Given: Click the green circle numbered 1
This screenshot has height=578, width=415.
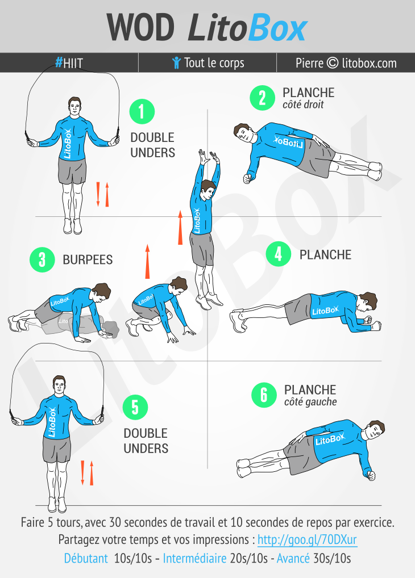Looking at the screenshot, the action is coord(142,111).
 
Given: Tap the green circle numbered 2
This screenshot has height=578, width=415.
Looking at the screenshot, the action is coord(262,98).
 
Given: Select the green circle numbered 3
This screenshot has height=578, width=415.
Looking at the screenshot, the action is coord(42,259).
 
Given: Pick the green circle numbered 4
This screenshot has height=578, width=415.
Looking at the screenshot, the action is coord(279,254).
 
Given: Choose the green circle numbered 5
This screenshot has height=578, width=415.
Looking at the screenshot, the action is coord(135,407).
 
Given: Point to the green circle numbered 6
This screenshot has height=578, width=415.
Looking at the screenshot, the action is coord(264,395).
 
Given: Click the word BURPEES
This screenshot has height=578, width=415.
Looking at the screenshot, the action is coord(88,259).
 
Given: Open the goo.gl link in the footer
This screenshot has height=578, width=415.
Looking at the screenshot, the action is coord(307,539).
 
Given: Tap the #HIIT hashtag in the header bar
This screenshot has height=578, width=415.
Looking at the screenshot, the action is coord(69,63).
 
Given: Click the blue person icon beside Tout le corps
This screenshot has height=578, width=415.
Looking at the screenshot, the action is coord(176,62).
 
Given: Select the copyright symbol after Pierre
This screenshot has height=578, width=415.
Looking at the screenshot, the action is coord(333,62).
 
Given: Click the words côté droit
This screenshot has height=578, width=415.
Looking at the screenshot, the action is coord(303,104).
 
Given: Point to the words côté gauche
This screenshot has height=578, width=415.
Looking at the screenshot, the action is coord(310,402).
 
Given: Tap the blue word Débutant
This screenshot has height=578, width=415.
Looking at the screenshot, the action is coord(86,558).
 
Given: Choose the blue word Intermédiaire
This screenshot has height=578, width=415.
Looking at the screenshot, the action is coord(194,558).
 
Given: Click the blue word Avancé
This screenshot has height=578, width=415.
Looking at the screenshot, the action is coord(293,558).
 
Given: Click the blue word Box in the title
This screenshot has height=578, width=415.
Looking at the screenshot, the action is coord(277,28).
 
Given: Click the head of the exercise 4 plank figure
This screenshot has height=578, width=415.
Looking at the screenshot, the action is coord(368,303).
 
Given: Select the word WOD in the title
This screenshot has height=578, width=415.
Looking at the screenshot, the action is coord(140,27).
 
